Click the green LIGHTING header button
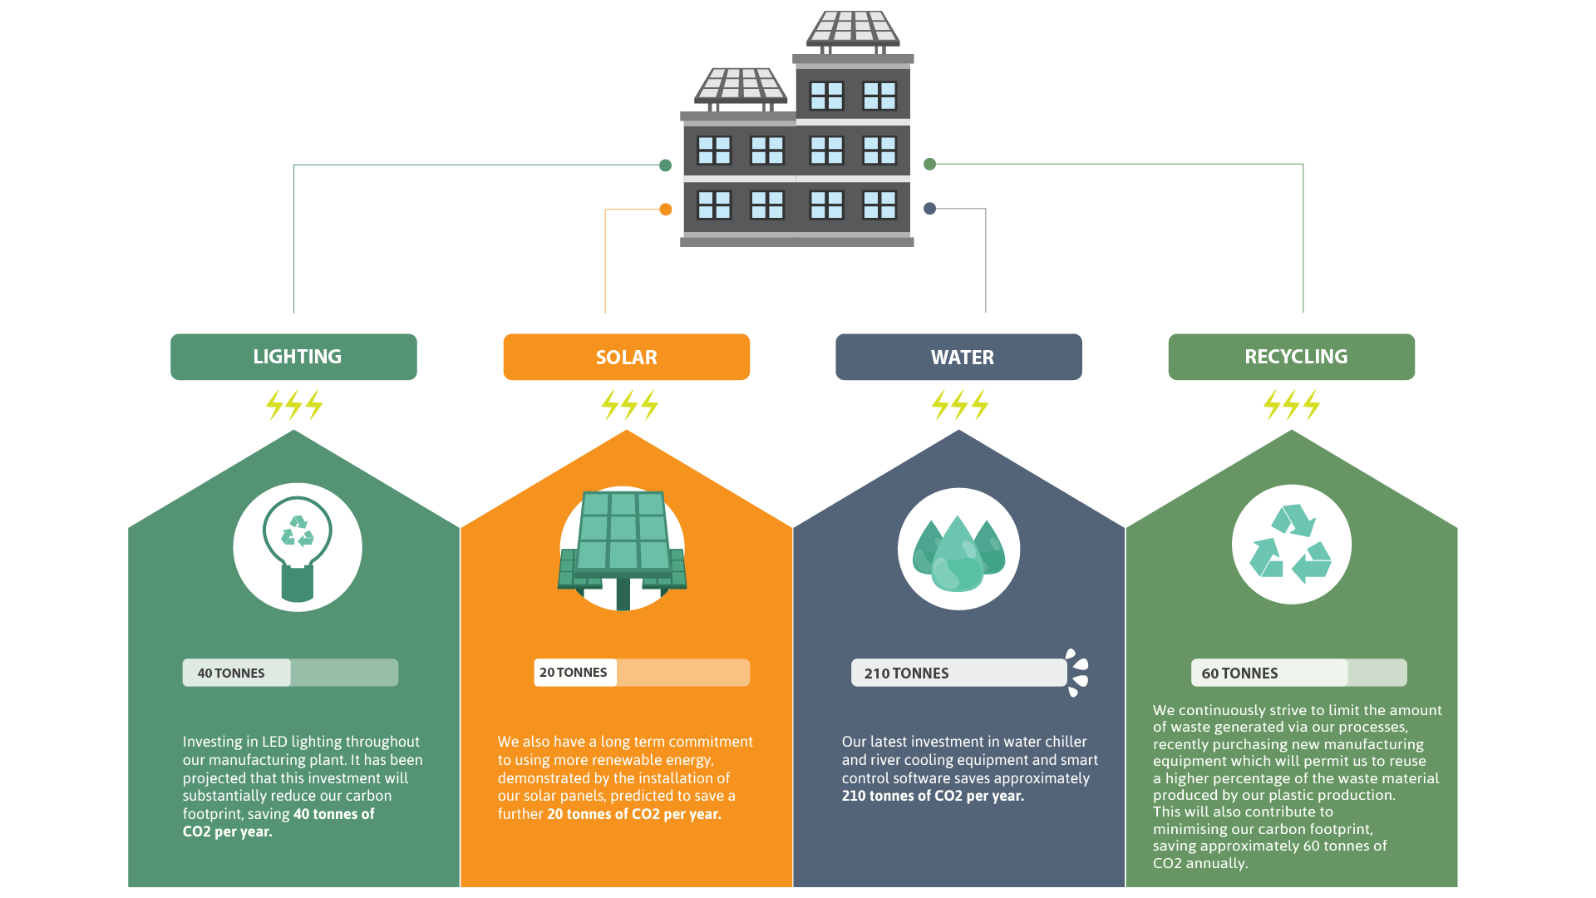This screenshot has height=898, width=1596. [x=293, y=357]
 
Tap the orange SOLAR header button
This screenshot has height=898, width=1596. [x=627, y=357]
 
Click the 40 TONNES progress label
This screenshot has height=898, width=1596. [x=231, y=673]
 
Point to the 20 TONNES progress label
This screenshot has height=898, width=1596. [x=574, y=672]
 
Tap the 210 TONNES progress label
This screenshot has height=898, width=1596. [x=906, y=673]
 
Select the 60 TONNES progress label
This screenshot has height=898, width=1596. [x=1239, y=673]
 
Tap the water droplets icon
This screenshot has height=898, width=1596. [x=958, y=553]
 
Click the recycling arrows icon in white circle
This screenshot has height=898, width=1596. [x=1291, y=544]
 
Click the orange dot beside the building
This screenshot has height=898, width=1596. [x=665, y=210]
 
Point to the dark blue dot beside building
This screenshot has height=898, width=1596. [x=930, y=209]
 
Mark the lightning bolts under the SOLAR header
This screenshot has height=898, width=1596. [x=629, y=405]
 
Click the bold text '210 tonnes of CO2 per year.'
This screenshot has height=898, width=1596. [x=933, y=796]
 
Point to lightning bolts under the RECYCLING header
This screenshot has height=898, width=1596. [x=1291, y=405]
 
